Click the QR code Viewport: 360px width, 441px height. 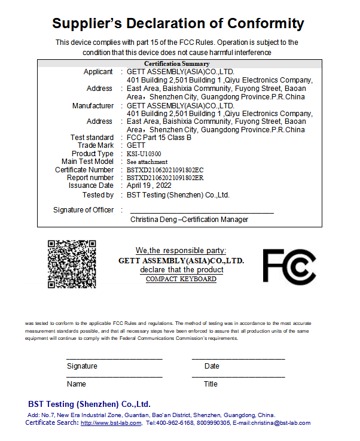tap(72, 263)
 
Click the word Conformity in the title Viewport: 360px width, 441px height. tap(258, 24)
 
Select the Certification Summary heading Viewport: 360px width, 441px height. tap(176, 63)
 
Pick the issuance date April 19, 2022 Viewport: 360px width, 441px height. tap(149, 185)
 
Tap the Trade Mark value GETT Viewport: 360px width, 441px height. tap(136, 145)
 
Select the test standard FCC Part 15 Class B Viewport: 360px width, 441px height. tap(159, 138)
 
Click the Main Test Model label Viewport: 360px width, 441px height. tap(87, 162)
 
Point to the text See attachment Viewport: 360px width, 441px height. tap(147, 162)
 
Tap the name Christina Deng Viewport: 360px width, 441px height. tap(153, 220)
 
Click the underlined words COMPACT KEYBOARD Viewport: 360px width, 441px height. tap(181, 279)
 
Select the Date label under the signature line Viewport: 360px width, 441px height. tap(212, 366)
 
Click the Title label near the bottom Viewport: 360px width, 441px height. tap(210, 384)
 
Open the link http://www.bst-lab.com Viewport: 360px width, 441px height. tap(111, 423)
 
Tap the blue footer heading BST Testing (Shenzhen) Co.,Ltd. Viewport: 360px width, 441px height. tap(89, 404)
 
